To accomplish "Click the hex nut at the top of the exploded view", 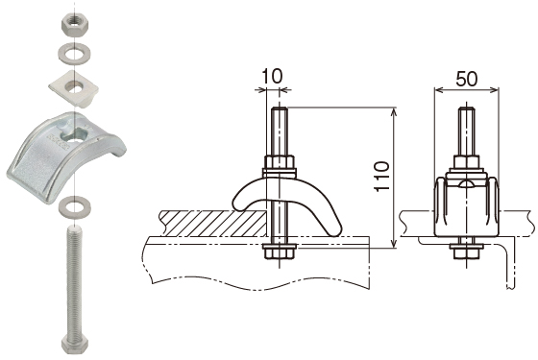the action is [x=75, y=26].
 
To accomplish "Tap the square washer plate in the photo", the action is [x=73, y=89].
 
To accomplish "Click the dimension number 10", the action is [x=273, y=76].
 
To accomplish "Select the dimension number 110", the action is [x=382, y=176].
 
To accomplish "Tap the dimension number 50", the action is [x=467, y=79].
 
